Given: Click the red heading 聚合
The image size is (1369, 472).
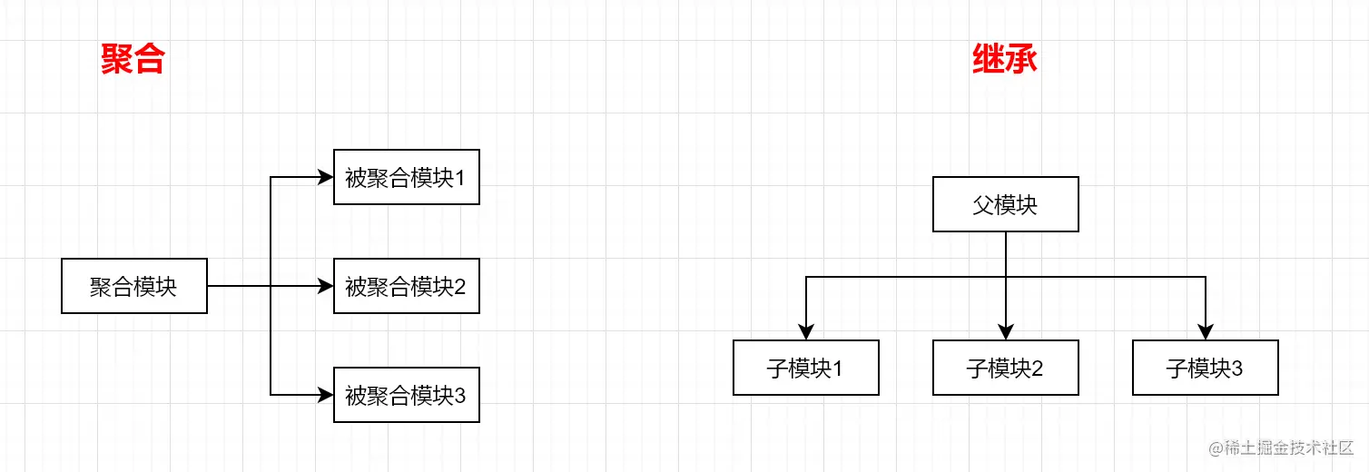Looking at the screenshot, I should (x=133, y=60).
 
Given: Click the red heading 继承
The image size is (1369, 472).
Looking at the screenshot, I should (x=1005, y=60).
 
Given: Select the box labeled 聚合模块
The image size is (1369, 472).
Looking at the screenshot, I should (x=134, y=287).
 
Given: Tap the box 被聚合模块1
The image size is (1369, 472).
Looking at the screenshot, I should (x=406, y=178).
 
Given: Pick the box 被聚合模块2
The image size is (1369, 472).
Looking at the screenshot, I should (x=406, y=287).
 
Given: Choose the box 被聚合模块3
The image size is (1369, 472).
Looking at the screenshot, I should (x=406, y=396).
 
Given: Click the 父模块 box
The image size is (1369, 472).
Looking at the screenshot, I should (x=1005, y=205).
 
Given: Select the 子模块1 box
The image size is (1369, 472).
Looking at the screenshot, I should (x=805, y=369).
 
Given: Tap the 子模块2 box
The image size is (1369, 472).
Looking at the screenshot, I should (x=1005, y=369).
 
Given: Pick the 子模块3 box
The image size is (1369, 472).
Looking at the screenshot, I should (x=1205, y=369).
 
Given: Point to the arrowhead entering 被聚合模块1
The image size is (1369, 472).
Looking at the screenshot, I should (x=326, y=178).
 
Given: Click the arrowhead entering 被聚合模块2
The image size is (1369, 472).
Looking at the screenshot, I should (x=326, y=287).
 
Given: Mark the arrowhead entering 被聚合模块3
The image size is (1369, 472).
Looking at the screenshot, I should (x=326, y=396).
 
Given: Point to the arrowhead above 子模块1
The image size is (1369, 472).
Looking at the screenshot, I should (x=806, y=331).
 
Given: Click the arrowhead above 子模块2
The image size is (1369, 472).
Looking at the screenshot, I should (x=1006, y=331).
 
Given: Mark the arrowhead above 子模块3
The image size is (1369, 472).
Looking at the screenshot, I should (x=1206, y=331).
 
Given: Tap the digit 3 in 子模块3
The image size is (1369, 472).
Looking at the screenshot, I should (x=1236, y=369).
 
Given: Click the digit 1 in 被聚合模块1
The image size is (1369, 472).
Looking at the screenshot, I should (x=460, y=178).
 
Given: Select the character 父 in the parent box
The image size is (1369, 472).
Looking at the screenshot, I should (x=983, y=205).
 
